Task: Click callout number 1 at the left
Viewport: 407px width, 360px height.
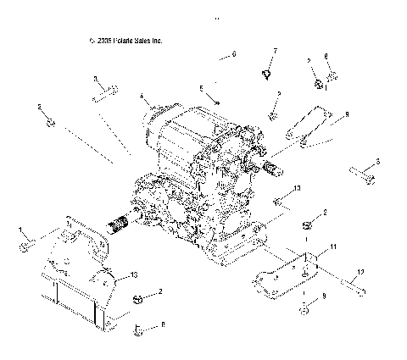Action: click(x=21, y=230)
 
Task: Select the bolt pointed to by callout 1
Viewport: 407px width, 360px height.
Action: click(x=25, y=244)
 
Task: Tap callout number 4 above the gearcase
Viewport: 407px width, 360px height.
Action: click(x=142, y=97)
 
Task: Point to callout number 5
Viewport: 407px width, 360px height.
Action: click(x=201, y=88)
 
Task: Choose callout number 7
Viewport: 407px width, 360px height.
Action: click(x=275, y=53)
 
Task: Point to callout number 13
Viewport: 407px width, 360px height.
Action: click(x=134, y=276)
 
